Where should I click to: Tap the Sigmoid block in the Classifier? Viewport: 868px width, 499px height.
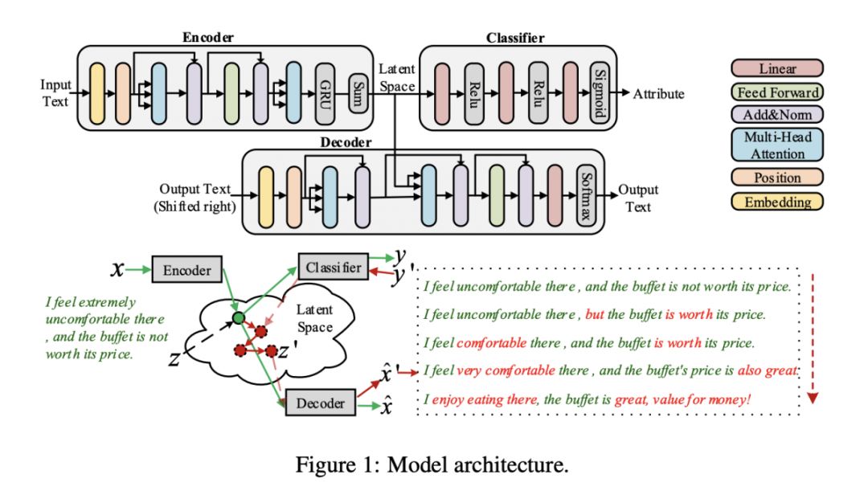(597, 94)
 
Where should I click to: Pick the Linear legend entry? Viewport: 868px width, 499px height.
(776, 69)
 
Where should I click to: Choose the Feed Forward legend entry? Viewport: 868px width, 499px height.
(776, 92)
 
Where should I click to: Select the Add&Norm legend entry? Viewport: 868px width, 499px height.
(776, 115)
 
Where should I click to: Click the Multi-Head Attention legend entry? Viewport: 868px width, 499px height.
(776, 145)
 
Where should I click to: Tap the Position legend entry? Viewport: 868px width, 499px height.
(776, 178)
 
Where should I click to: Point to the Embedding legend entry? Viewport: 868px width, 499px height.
(776, 202)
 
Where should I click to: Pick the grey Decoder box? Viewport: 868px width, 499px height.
(321, 402)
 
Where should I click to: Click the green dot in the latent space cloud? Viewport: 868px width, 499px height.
(238, 319)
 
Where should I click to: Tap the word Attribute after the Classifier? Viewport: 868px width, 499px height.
(658, 94)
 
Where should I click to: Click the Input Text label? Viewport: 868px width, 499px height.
(56, 93)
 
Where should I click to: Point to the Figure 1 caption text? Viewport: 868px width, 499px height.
(432, 464)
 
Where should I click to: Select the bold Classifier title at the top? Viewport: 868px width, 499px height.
(515, 38)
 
